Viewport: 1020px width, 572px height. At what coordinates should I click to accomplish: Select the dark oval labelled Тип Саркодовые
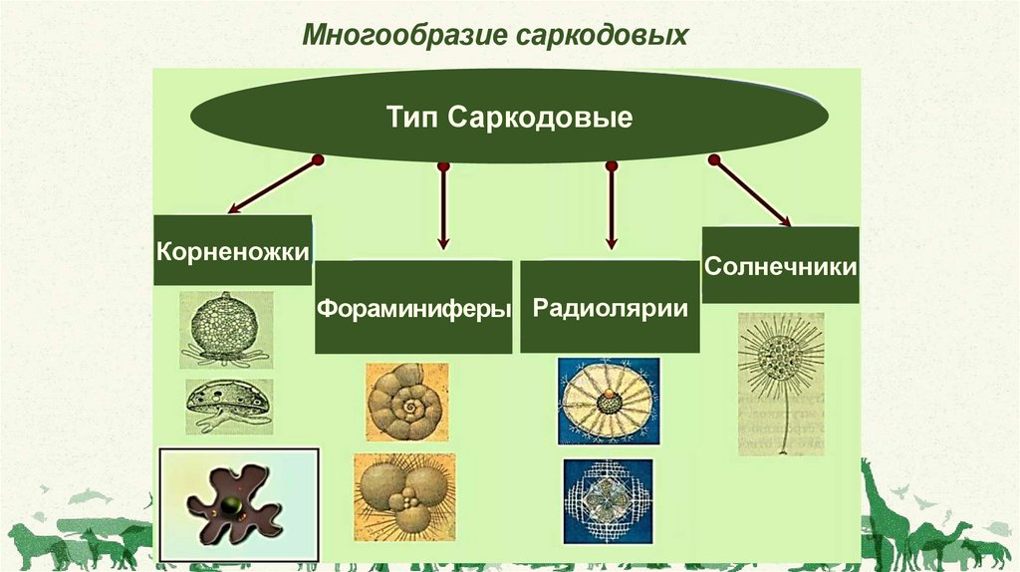click(x=510, y=118)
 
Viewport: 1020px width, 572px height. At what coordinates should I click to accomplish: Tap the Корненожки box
click(x=231, y=249)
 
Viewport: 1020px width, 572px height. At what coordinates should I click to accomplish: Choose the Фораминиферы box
click(x=413, y=307)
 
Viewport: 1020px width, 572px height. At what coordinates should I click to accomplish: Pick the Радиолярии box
click(x=610, y=307)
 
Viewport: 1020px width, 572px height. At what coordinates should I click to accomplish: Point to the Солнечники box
click(x=780, y=265)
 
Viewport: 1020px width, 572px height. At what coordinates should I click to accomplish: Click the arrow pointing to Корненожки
click(x=272, y=186)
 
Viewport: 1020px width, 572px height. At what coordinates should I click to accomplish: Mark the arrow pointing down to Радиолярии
click(x=612, y=205)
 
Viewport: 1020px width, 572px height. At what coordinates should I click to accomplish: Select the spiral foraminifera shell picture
click(x=406, y=403)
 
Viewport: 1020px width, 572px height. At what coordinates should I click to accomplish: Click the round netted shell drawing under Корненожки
click(x=226, y=326)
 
